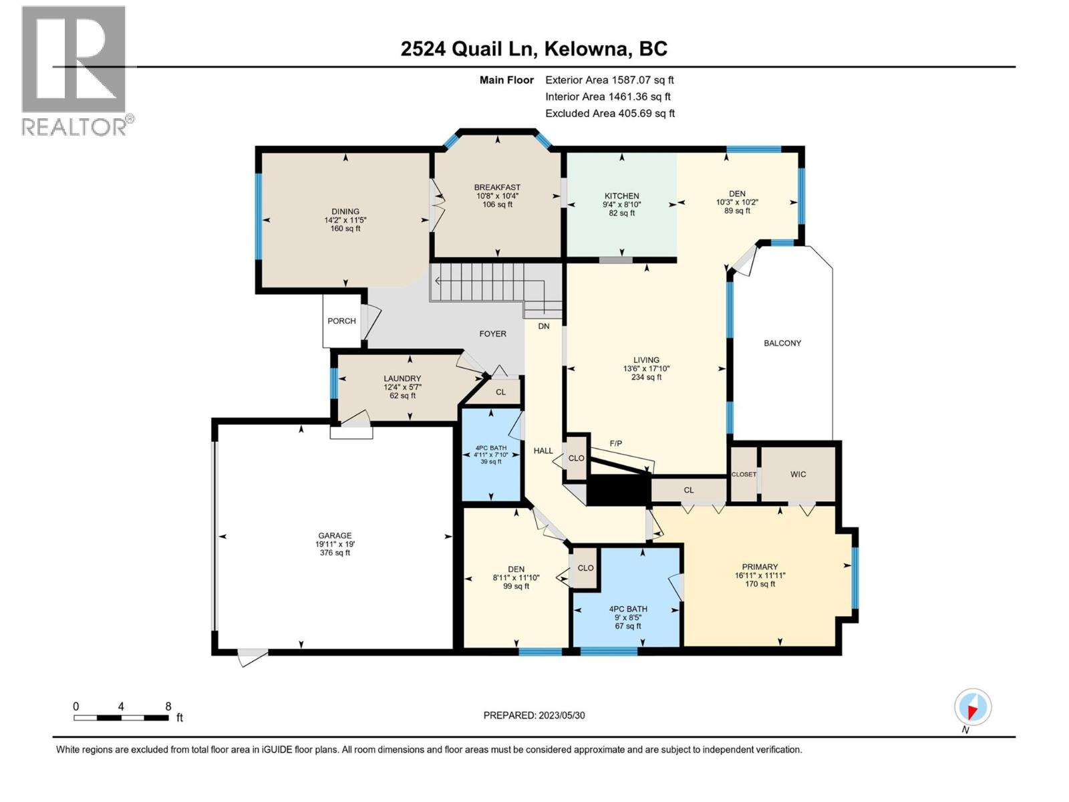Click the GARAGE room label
coord(335,535)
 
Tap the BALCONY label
coord(782,343)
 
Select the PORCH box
coord(341,321)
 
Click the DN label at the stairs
coord(544,326)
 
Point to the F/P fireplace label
coord(615,443)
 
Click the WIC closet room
coord(798,474)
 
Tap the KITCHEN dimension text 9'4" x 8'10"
coord(622,205)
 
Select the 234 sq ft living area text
coord(646,377)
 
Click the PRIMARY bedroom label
coord(760,567)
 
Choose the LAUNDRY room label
coord(402,378)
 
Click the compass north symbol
coord(973,707)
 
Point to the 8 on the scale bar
coord(168,706)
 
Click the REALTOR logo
coord(75,70)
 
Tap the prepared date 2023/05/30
coord(534,715)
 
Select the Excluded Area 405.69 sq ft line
coord(609,114)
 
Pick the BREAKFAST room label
coord(497,188)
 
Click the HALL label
coord(543,450)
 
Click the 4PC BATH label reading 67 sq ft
coord(628,626)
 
